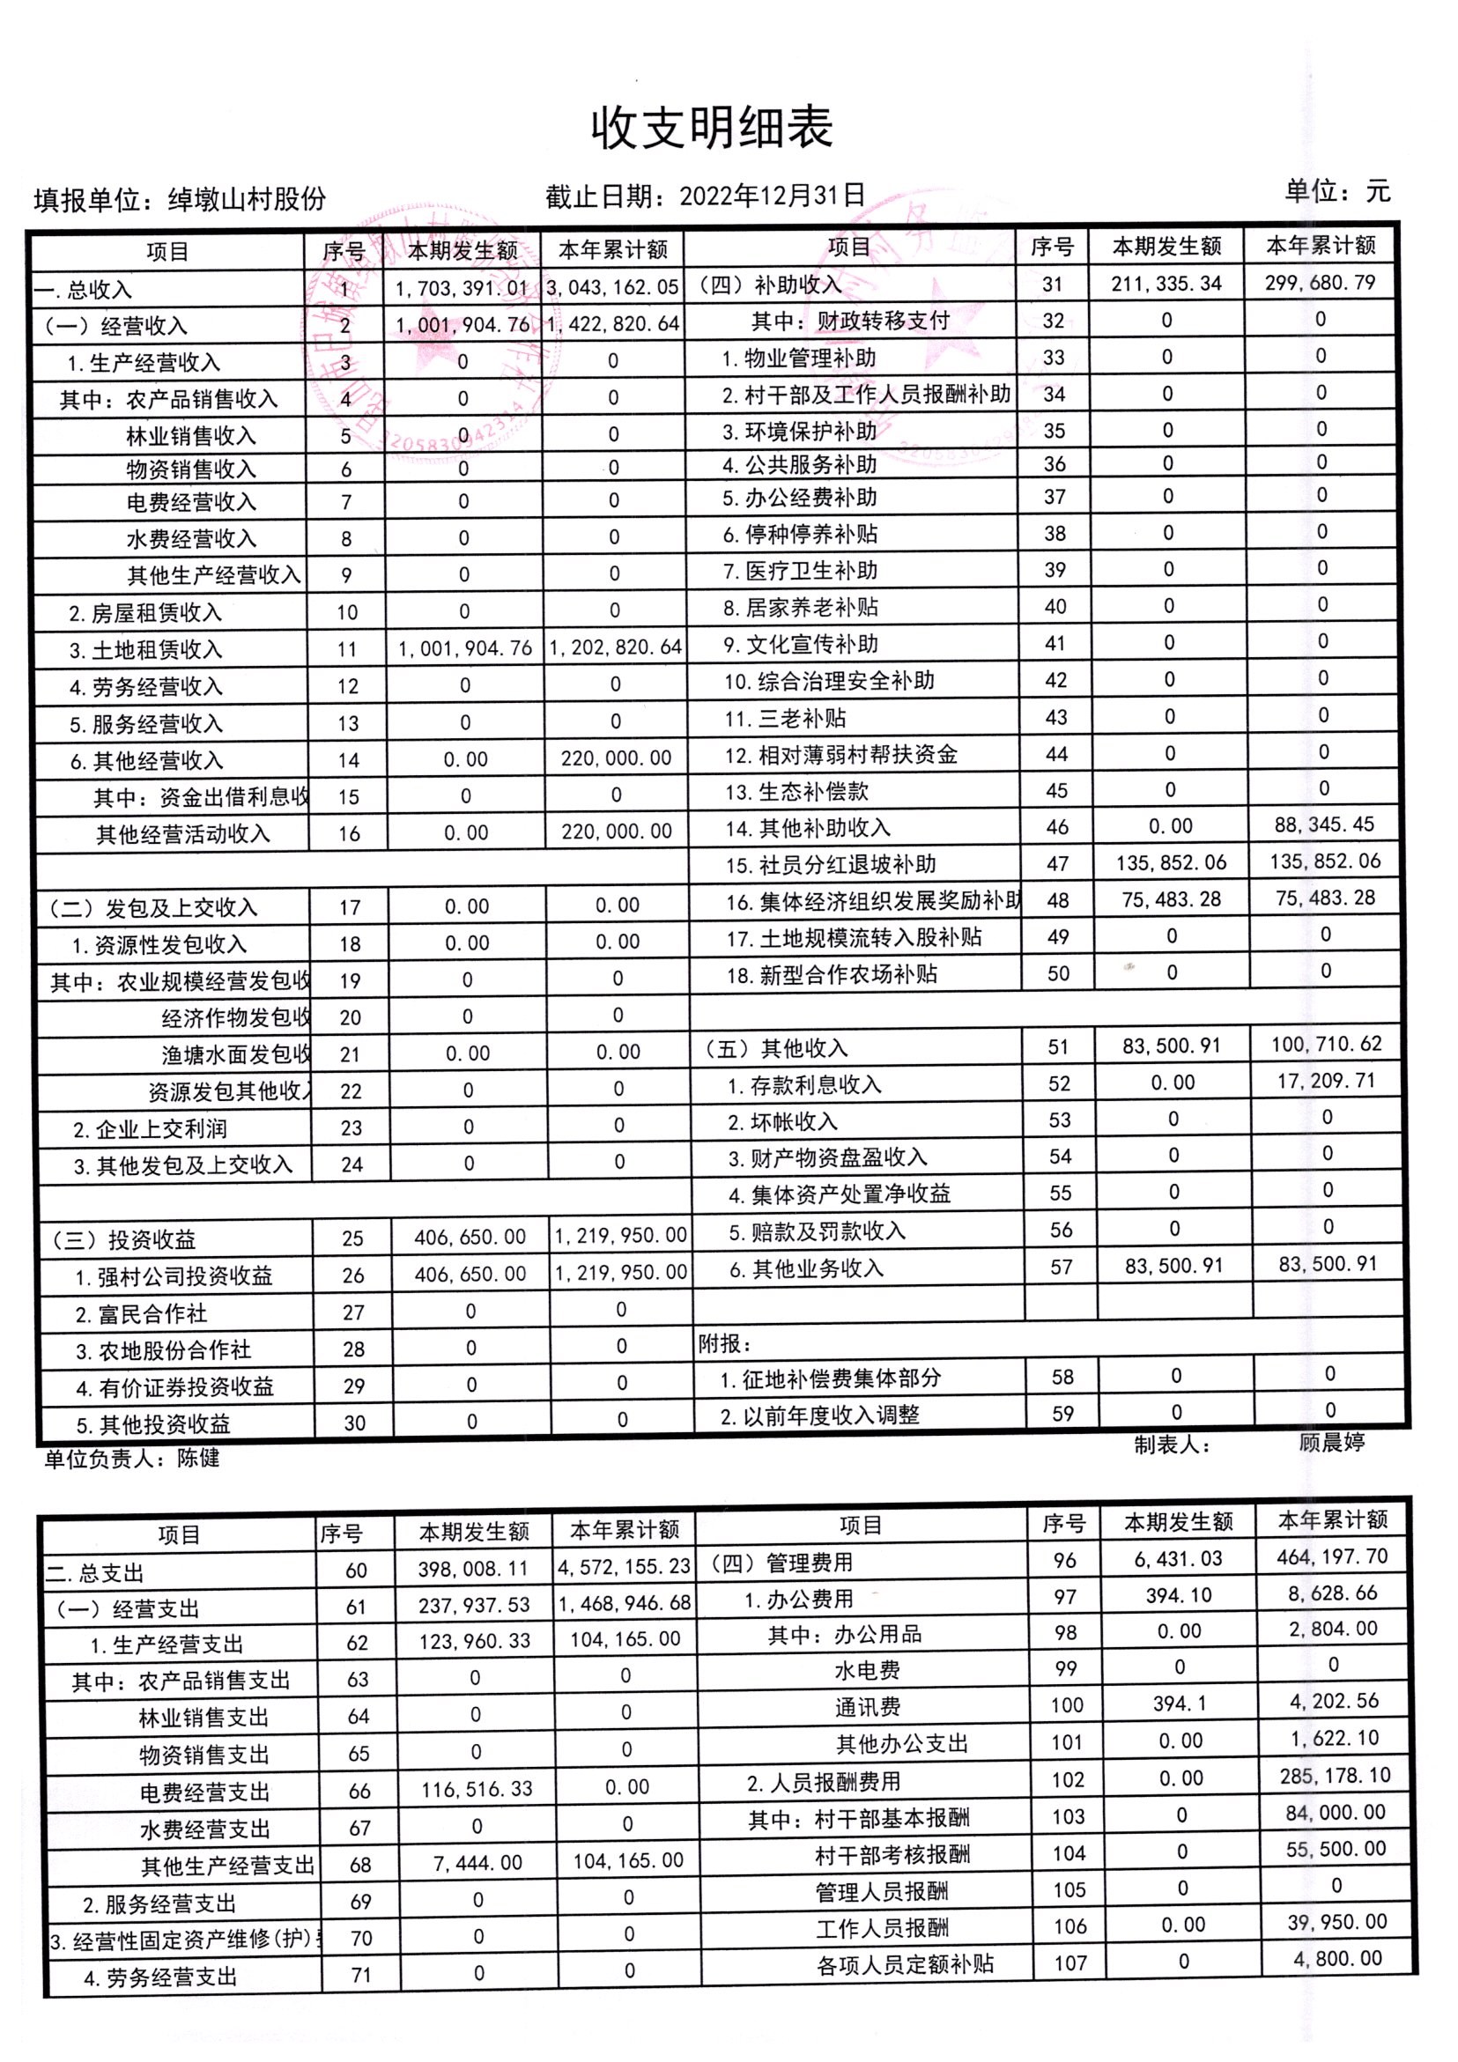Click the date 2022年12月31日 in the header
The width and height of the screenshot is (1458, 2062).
772,196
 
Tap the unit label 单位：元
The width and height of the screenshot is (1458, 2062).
1336,190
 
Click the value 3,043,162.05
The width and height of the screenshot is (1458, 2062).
611,287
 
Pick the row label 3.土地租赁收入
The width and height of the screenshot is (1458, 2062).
145,649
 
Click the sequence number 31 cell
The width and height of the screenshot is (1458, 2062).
1052,284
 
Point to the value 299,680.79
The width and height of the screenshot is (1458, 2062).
1319,282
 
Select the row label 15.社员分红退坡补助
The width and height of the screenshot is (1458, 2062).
831,864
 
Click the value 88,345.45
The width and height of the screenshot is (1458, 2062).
1324,824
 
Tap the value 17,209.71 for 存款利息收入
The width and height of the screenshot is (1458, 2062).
1326,1081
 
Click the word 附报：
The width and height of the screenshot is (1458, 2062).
724,1343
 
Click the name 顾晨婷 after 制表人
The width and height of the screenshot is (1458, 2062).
1331,1442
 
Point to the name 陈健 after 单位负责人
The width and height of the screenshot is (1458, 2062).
198,1458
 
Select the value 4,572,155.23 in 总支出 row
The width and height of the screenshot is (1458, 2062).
625,1567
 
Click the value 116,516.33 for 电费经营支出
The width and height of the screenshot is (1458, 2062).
477,1789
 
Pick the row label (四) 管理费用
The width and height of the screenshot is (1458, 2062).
781,1563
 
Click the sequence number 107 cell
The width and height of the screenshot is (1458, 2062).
1069,1963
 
